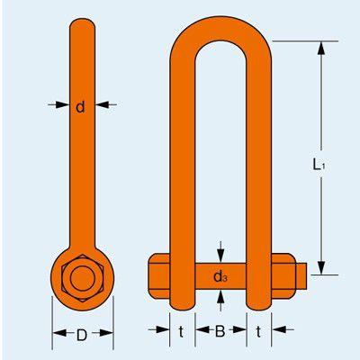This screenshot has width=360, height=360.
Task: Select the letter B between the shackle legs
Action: pyautogui.click(x=220, y=332)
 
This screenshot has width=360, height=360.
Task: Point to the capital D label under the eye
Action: pyautogui.click(x=81, y=336)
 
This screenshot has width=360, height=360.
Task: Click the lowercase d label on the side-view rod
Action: pyautogui.click(x=81, y=107)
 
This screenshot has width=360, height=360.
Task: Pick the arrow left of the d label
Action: pyautogui.click(x=61, y=105)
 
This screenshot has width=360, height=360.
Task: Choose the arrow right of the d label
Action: pyautogui.click(x=102, y=105)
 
